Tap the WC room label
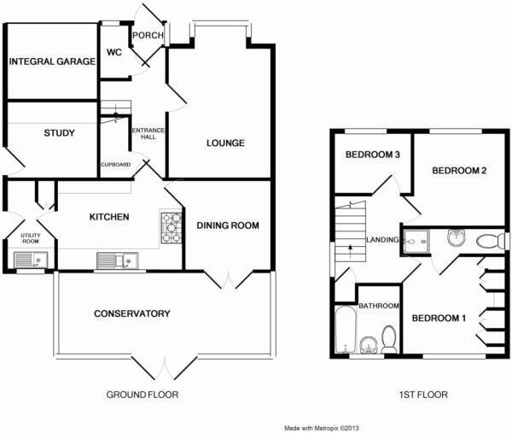pyautogui.click(x=114, y=53)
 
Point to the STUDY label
pyautogui.click(x=59, y=133)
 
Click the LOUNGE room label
pyautogui.click(x=225, y=143)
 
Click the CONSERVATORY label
pyautogui.click(x=131, y=313)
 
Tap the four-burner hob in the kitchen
pyautogui.click(x=172, y=226)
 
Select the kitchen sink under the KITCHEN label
pyautogui.click(x=113, y=259)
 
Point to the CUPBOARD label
pyautogui.click(x=115, y=164)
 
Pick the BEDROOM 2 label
pyautogui.click(x=458, y=171)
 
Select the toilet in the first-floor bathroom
pyautogui.click(x=389, y=339)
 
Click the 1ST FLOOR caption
pyautogui.click(x=422, y=395)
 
